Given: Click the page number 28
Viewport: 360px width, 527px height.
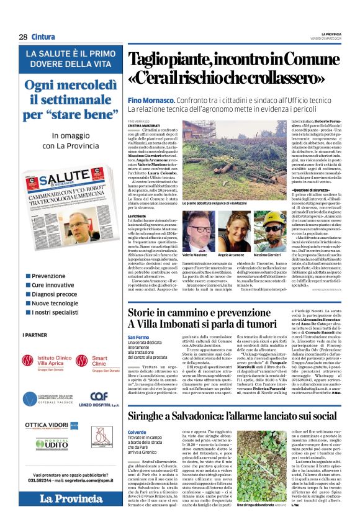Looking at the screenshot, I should (23, 37).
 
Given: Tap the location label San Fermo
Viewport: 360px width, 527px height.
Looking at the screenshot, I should (138, 337).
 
